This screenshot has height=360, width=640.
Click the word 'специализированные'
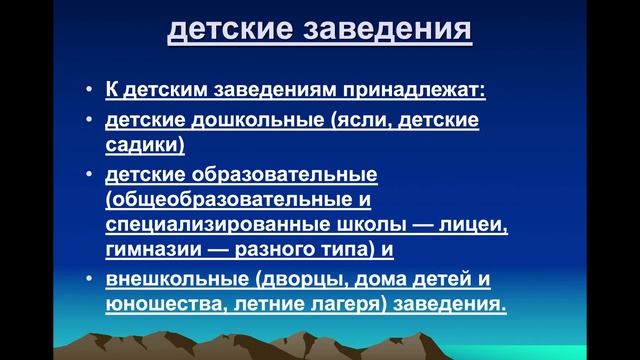pyautogui.click(x=214, y=225)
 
